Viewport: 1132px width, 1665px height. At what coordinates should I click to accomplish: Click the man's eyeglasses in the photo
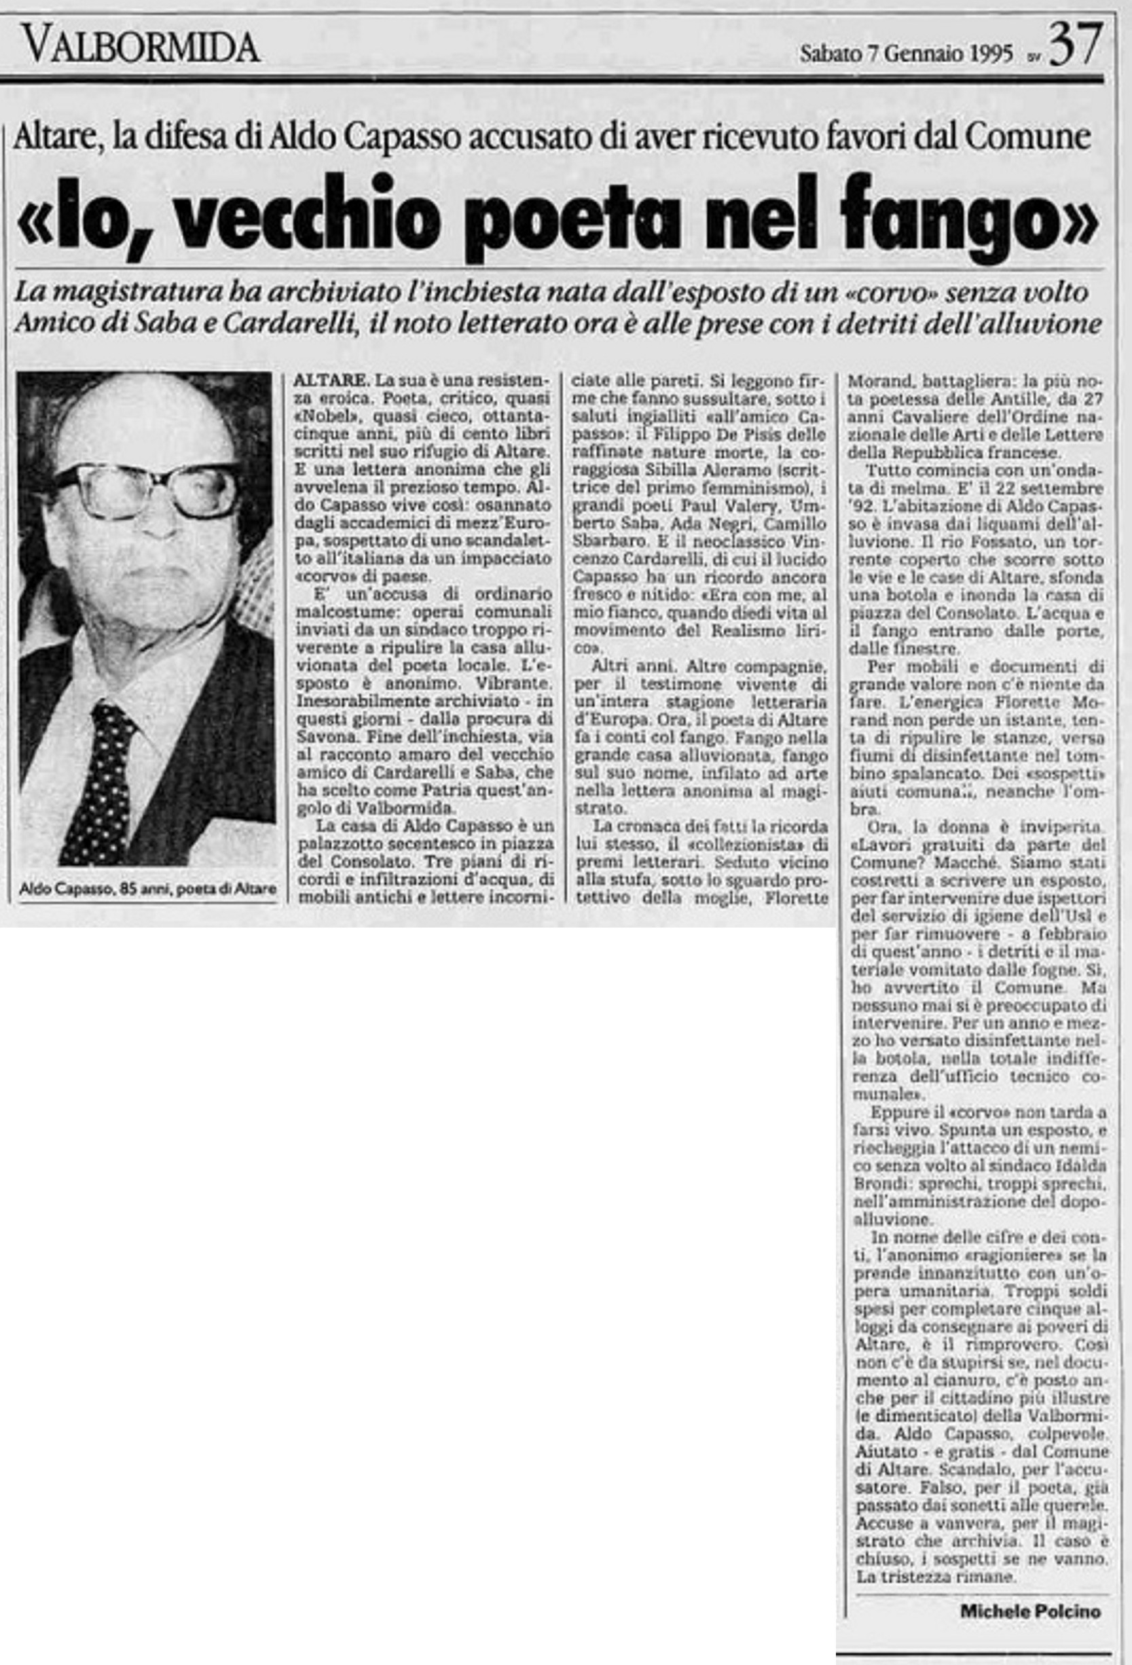[147, 490]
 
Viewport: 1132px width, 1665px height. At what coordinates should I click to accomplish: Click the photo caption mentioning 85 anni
[147, 889]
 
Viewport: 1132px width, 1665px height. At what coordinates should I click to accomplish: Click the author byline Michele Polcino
[1029, 1612]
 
